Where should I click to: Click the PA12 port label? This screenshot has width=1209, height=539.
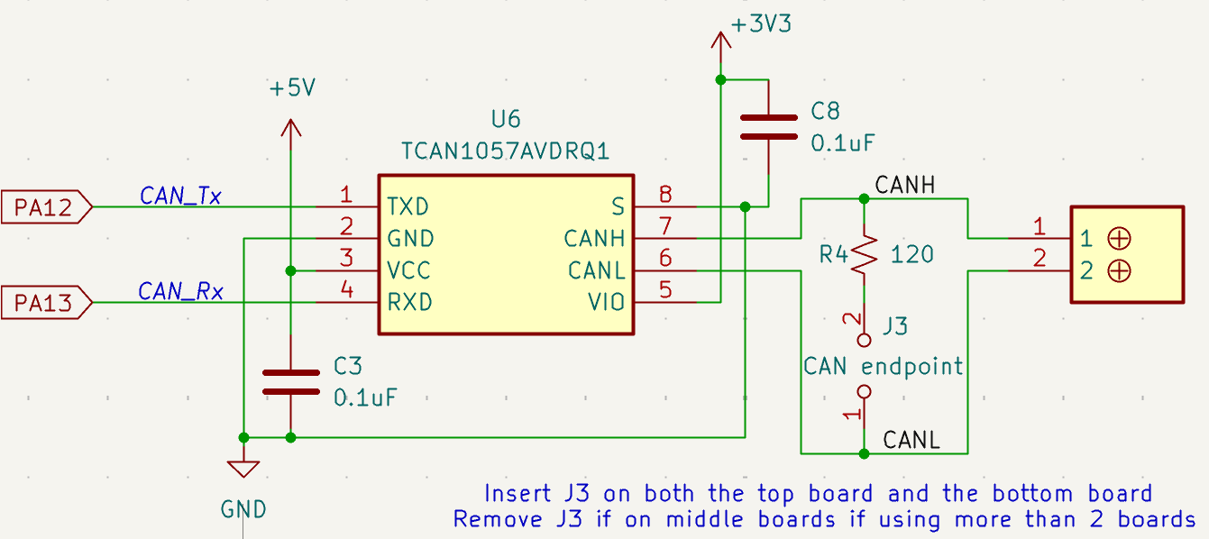point(46,206)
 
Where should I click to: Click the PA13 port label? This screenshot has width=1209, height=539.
point(46,303)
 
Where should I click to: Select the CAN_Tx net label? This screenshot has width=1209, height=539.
point(180,196)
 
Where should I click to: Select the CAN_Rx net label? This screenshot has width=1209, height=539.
point(180,291)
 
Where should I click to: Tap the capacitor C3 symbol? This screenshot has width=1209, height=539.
point(291,382)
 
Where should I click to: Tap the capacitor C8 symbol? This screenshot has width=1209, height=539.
point(768,127)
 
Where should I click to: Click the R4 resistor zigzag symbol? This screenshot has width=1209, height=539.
point(864,254)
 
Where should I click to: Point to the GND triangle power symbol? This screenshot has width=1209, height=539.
point(243,469)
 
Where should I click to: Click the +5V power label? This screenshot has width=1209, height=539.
point(292,88)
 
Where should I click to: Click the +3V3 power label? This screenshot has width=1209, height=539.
point(761,24)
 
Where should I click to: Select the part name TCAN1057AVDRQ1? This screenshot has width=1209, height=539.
point(506,151)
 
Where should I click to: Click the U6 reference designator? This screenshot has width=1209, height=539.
point(506,119)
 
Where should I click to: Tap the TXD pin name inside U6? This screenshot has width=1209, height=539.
point(408,206)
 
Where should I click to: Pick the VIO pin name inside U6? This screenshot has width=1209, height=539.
point(606,303)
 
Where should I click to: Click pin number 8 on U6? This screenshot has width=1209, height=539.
point(665,194)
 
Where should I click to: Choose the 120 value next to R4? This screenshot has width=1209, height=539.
point(912,254)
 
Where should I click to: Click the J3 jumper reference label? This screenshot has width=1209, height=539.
point(895,326)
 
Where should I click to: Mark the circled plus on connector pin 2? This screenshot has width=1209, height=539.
point(1119,270)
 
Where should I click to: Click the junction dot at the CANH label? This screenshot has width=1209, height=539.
point(864,199)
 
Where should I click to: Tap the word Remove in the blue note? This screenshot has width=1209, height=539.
point(498,519)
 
